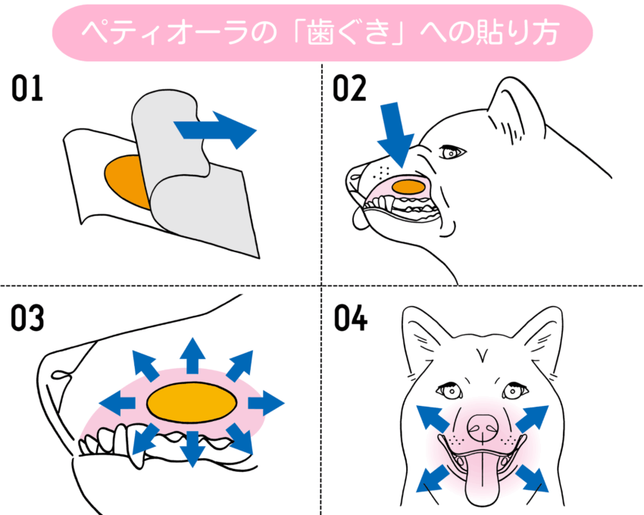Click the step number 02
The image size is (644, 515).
pos(349,89)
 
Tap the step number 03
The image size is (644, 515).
pos(27,319)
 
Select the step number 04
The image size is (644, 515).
pos(351,319)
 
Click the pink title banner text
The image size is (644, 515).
pos(321,33)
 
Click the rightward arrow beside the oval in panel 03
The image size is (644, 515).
pos(266,402)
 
